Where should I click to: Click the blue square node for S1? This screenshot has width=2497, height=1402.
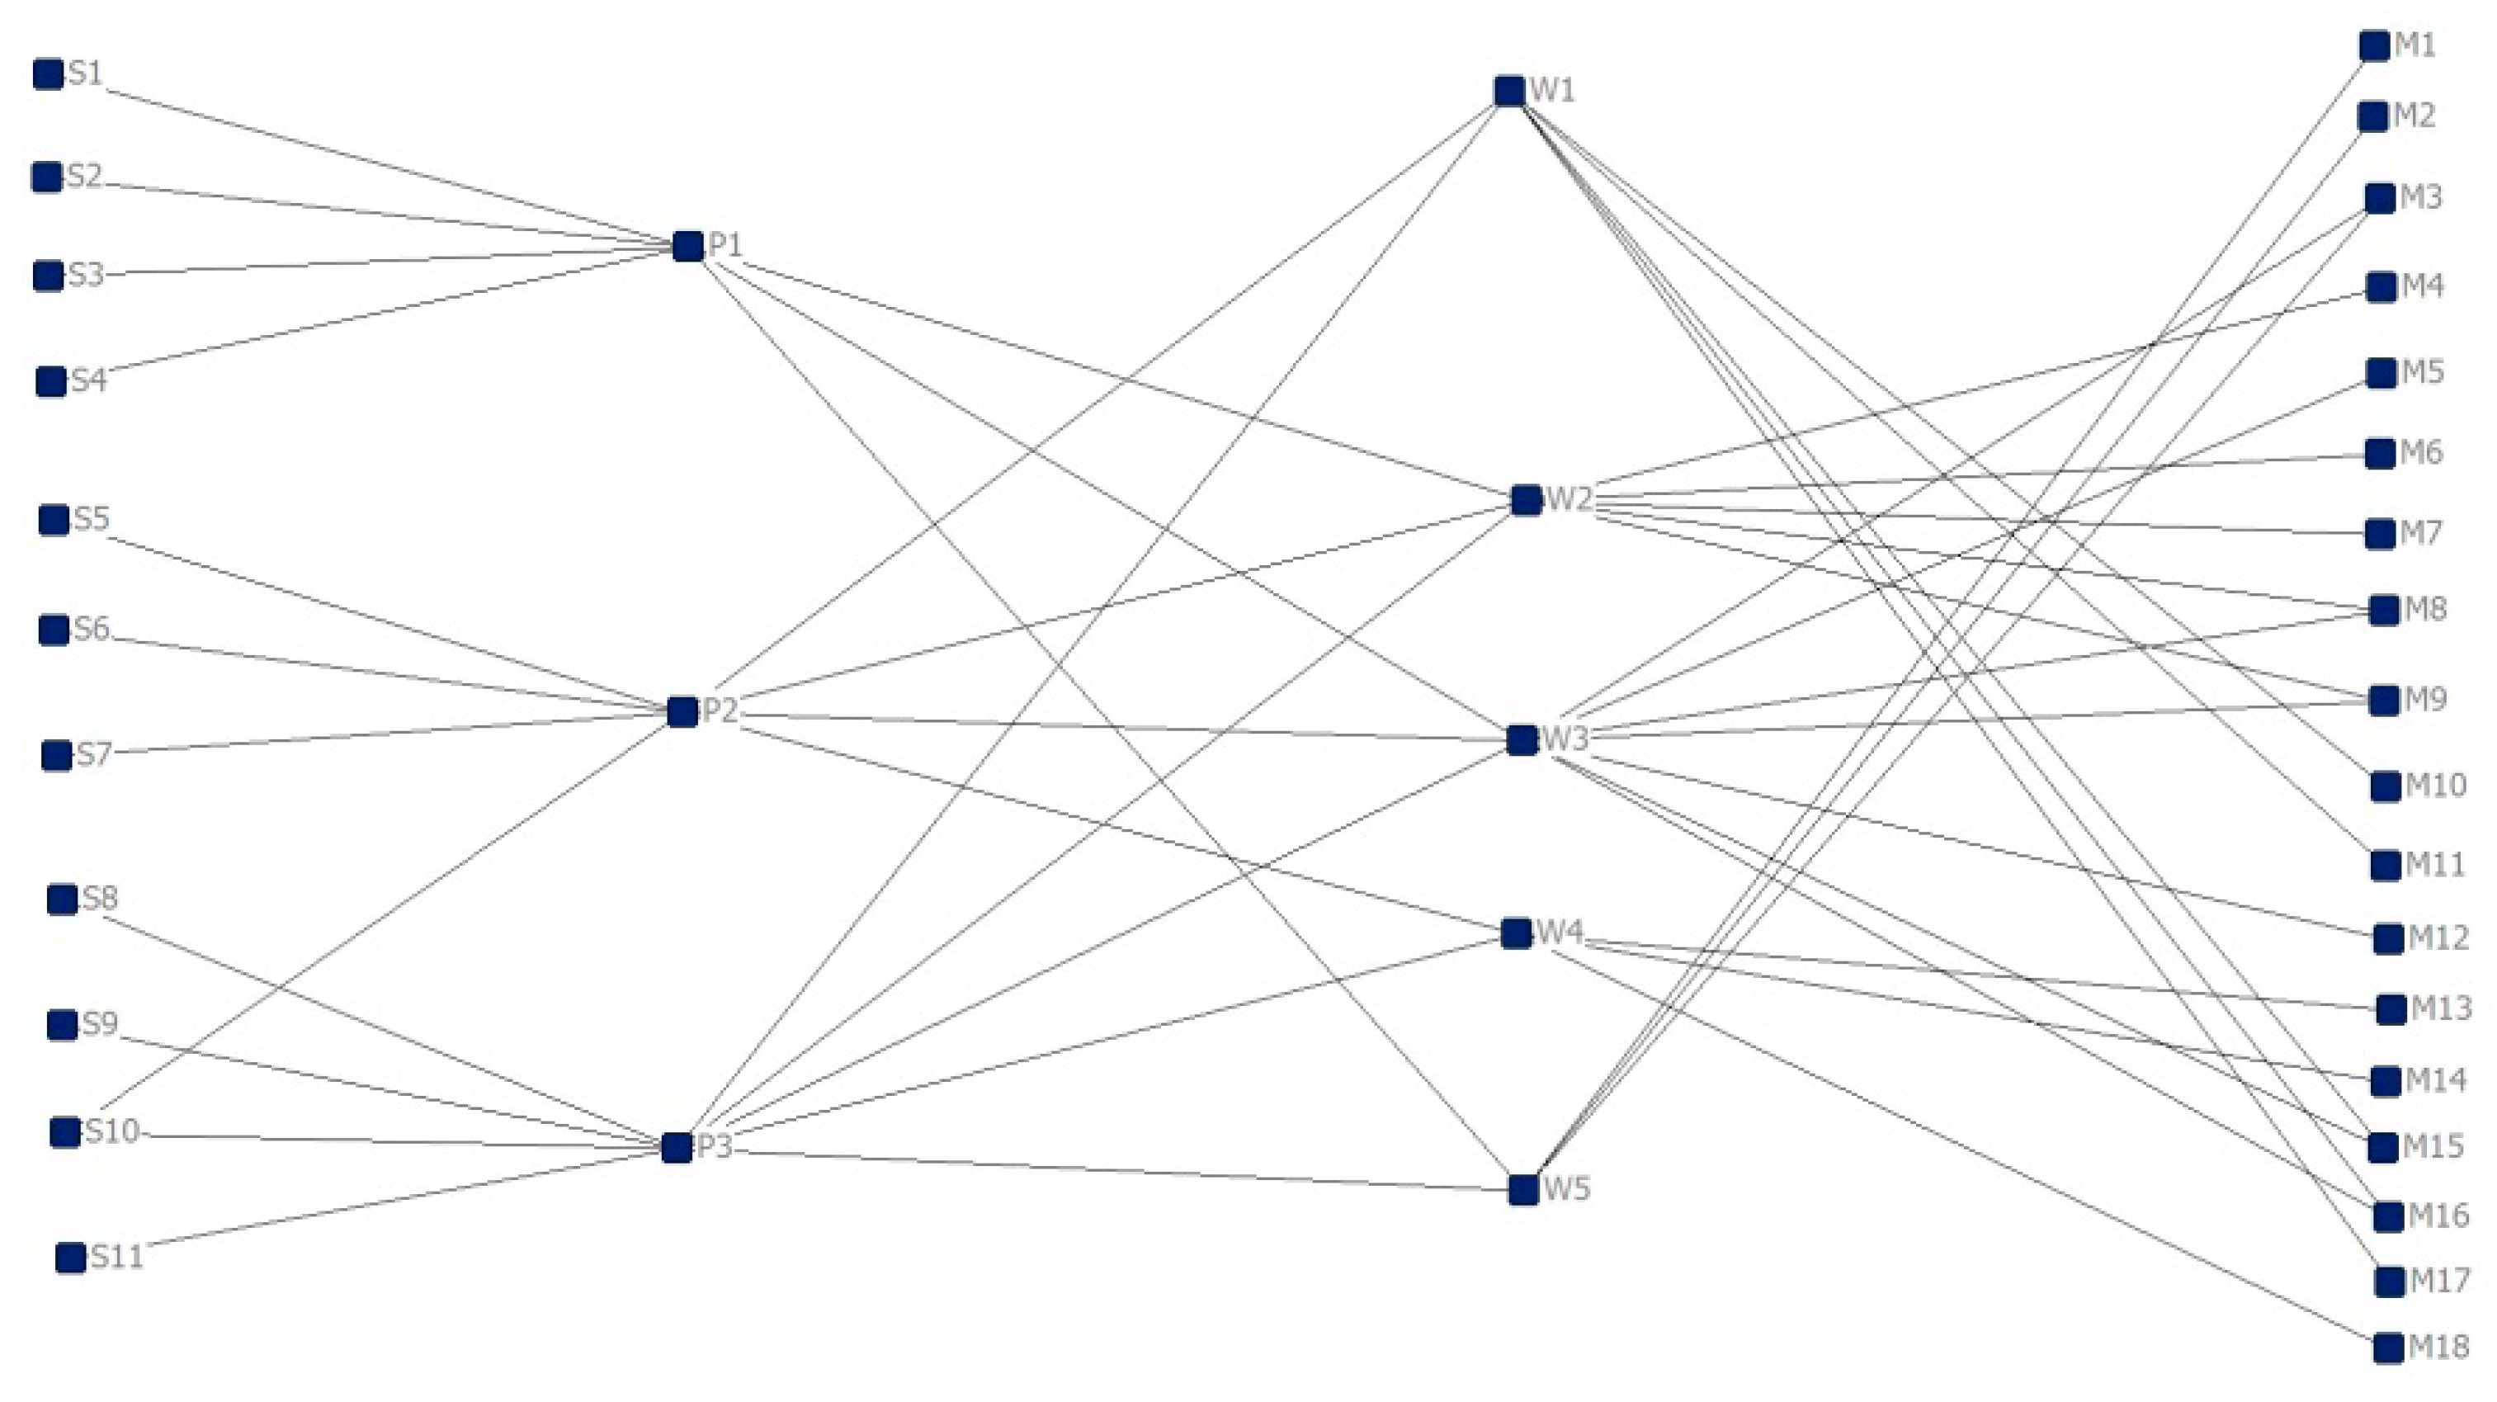click(x=49, y=73)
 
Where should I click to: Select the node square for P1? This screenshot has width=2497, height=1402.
click(x=687, y=246)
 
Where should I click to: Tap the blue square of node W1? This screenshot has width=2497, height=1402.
click(x=1509, y=91)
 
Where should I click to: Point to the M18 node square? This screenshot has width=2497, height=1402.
click(x=2388, y=1348)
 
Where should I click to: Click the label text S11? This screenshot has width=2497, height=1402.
click(x=117, y=1258)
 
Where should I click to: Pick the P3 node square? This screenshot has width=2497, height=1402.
click(x=677, y=1148)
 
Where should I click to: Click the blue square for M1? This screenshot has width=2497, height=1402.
click(x=2374, y=45)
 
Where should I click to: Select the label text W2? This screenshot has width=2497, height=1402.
click(x=1569, y=499)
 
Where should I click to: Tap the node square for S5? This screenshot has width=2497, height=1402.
click(x=54, y=520)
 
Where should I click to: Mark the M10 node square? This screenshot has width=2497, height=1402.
click(x=2386, y=786)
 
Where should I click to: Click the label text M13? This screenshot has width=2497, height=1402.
click(x=2441, y=1008)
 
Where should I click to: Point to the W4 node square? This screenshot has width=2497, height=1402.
click(x=1516, y=933)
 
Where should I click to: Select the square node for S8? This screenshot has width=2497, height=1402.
click(x=62, y=899)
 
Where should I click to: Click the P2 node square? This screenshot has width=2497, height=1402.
click(x=682, y=711)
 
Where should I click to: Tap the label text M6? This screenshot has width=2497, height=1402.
click(x=2420, y=453)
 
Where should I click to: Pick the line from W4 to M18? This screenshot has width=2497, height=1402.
click(x=1968, y=1149)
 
